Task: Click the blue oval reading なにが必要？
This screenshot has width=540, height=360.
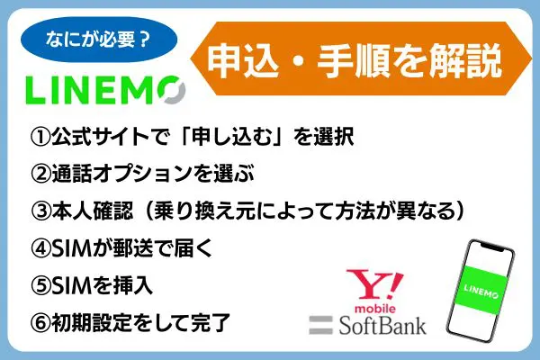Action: click(99, 40)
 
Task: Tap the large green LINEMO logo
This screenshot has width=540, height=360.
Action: click(105, 90)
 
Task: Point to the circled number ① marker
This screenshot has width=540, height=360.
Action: click(40, 137)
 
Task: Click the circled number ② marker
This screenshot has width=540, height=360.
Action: click(40, 174)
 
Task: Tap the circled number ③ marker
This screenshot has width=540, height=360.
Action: click(40, 211)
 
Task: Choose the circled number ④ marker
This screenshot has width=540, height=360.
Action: click(40, 248)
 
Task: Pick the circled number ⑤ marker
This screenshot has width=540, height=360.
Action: click(40, 285)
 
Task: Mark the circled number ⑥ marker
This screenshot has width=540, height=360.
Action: click(40, 323)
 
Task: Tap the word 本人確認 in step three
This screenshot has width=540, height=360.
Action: click(93, 211)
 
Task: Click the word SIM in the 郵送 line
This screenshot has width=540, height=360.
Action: click(71, 248)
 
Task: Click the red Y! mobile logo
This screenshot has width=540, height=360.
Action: click(374, 291)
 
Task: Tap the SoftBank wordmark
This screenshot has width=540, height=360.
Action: click(382, 325)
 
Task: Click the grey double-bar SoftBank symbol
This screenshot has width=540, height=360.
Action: click(320, 325)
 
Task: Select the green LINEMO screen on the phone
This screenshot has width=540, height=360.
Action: click(481, 290)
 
